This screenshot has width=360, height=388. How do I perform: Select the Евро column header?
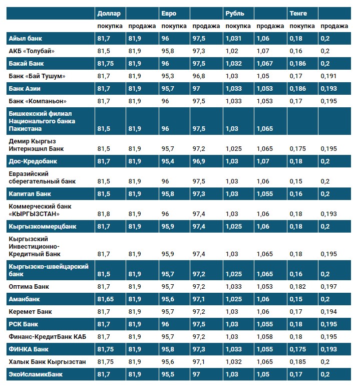(x=169, y=13)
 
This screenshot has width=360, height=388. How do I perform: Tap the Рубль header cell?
(x=235, y=13)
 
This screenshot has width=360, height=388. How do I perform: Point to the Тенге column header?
(x=298, y=13)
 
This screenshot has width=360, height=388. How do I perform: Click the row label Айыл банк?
(x=26, y=38)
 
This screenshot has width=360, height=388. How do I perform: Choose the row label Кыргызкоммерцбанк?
(x=43, y=227)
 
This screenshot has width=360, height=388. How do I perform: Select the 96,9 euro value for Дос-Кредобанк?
(x=199, y=161)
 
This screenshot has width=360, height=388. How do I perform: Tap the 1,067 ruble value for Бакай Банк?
(x=265, y=63)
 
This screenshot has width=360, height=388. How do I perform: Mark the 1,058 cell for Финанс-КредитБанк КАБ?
(x=265, y=336)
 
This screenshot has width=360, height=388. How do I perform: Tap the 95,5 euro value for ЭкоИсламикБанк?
(x=168, y=374)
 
